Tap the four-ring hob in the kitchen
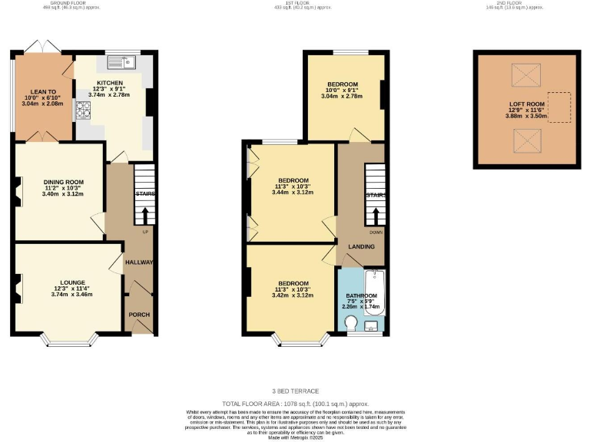pos(83,110)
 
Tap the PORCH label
pos(139,315)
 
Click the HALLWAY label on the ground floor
pos(141,262)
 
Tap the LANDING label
pos(360,246)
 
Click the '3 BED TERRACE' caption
pos(295,391)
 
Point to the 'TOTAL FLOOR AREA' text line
pos(295,403)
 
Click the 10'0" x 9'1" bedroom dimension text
pos(342,91)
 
